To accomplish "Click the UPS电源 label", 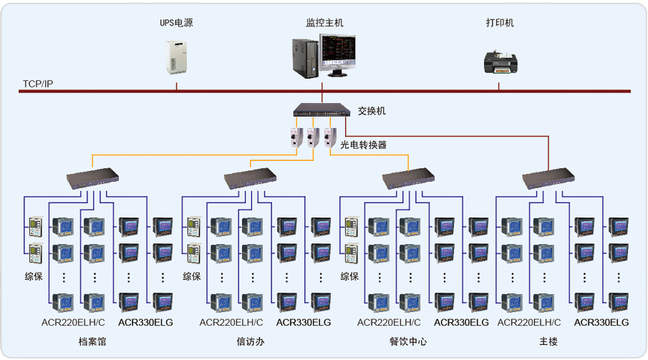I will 176,23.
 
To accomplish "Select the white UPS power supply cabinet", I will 176,58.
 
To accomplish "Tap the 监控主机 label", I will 324,23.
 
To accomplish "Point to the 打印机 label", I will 500,23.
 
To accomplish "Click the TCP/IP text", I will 38,84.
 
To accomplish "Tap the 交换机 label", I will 372,111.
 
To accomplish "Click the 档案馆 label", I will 92,342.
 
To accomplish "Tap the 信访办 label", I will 251,342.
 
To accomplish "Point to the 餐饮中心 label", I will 409,342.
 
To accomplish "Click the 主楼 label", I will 548,342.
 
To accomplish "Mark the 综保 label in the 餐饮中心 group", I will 349,276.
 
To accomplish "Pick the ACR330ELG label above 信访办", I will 304,323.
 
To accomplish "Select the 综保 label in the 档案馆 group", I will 34,276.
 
